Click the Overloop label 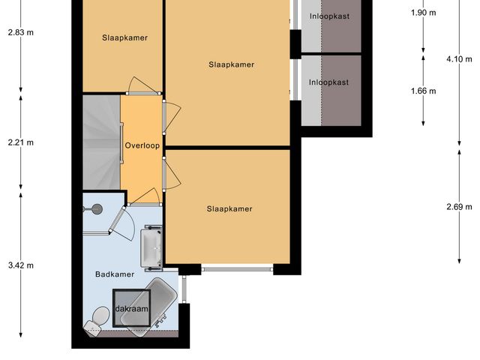142,145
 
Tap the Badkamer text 115,274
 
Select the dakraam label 131,308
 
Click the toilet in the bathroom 95,321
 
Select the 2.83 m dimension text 20,32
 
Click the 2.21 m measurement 20,142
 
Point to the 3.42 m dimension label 20,265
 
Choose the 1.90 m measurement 424,12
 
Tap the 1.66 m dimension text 424,91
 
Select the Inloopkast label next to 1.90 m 329,16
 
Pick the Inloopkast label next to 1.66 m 329,82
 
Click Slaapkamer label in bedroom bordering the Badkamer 229,209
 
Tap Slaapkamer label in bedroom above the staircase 124,38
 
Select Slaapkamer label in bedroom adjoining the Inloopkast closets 231,64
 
